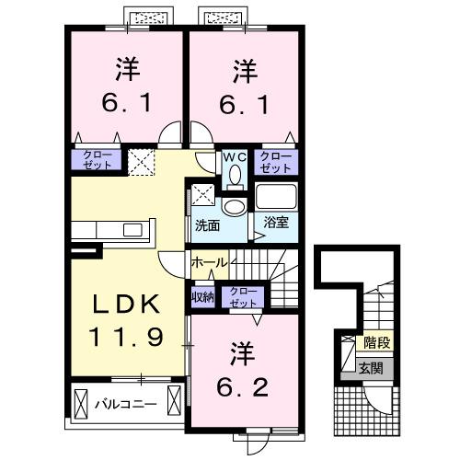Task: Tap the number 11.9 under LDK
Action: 128,337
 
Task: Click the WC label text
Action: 233,156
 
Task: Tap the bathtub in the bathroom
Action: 277,196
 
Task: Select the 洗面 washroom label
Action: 206,224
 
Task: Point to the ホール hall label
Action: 209,263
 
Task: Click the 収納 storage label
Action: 202,296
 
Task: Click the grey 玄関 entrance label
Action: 372,368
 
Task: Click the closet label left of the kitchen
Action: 97,160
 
